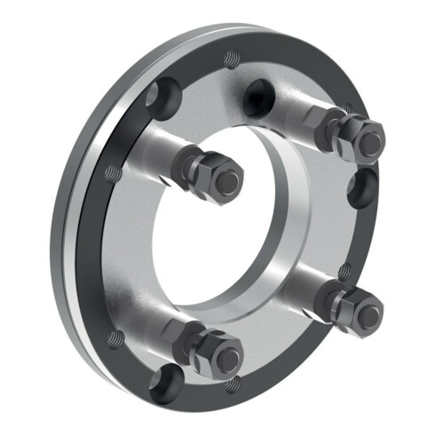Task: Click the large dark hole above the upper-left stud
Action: click(x=166, y=92)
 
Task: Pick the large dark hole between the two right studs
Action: click(x=362, y=189)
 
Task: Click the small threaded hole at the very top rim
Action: click(x=230, y=59)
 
